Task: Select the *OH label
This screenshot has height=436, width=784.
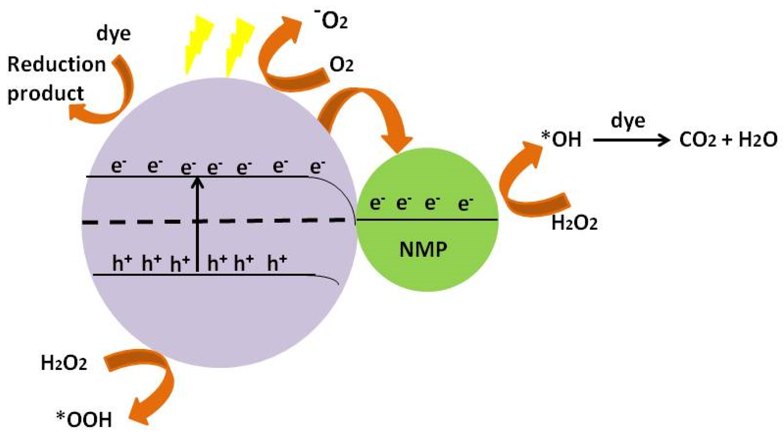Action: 562,140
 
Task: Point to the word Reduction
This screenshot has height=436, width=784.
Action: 57,65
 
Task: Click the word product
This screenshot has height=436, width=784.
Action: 46,94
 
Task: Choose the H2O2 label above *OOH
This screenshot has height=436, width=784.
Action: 64,363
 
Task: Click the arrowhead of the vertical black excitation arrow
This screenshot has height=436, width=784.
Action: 198,182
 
